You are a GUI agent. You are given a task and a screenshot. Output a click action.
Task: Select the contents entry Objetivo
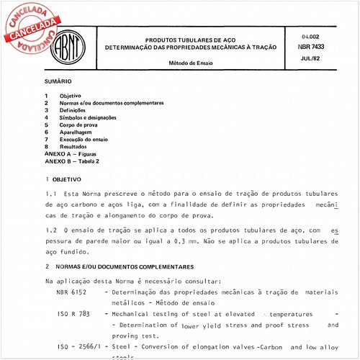point(70,96)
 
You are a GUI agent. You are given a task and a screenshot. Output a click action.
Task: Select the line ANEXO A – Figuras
point(71,154)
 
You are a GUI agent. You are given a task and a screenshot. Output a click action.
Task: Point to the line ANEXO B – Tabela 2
point(72,161)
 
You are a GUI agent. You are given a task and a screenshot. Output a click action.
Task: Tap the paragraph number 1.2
point(50,228)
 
